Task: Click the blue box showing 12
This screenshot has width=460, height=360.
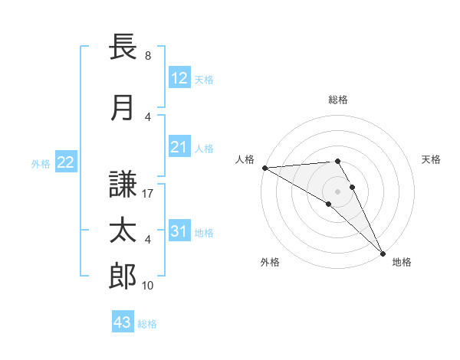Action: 179,78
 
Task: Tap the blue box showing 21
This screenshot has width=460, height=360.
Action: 179,148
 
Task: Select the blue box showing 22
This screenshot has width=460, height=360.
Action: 66,162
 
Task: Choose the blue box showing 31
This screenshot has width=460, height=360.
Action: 179,232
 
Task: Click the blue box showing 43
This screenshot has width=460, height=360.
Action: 123,322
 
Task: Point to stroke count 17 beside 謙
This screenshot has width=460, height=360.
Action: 149,195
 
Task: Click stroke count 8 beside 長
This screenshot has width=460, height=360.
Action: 148,56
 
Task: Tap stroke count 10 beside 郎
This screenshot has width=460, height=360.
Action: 149,286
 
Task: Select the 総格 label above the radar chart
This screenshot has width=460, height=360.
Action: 338,100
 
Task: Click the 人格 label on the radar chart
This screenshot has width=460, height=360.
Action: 245,159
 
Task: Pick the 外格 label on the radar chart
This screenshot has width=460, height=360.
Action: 270,262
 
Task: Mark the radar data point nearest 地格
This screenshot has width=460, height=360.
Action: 381,253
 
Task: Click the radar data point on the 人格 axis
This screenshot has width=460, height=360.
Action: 264,168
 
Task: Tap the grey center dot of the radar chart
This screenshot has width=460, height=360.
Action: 338,191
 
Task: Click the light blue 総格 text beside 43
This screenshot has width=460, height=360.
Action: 147,324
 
